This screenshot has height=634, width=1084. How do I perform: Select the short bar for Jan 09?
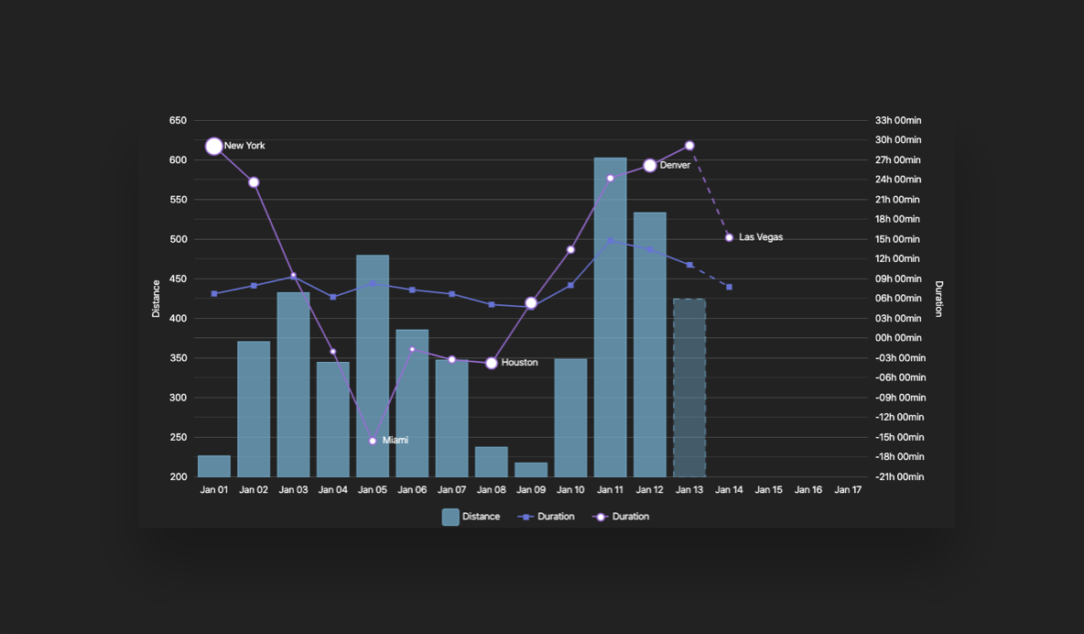[531, 469]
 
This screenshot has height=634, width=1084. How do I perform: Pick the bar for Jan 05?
[373, 366]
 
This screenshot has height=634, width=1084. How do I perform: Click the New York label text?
[244, 146]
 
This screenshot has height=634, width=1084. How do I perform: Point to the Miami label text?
[396, 441]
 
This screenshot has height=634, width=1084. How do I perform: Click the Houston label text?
[519, 363]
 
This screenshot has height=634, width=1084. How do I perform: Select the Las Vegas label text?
[761, 237]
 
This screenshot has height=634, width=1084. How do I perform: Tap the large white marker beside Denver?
[650, 166]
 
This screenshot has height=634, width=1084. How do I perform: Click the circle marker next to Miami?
[373, 442]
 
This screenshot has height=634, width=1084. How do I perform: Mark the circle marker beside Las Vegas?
[729, 237]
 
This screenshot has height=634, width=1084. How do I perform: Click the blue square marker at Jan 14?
[729, 288]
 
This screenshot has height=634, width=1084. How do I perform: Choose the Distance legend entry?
[472, 517]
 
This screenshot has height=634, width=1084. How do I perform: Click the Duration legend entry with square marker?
[547, 517]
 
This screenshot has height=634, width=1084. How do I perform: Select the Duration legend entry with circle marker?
[622, 517]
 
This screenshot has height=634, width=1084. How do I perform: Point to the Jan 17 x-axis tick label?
[848, 490]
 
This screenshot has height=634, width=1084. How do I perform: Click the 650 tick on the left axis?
[178, 120]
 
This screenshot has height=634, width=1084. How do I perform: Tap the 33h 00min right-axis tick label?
[898, 120]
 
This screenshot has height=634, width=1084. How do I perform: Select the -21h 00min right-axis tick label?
[900, 477]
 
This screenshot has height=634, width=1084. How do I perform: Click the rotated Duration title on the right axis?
[938, 299]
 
